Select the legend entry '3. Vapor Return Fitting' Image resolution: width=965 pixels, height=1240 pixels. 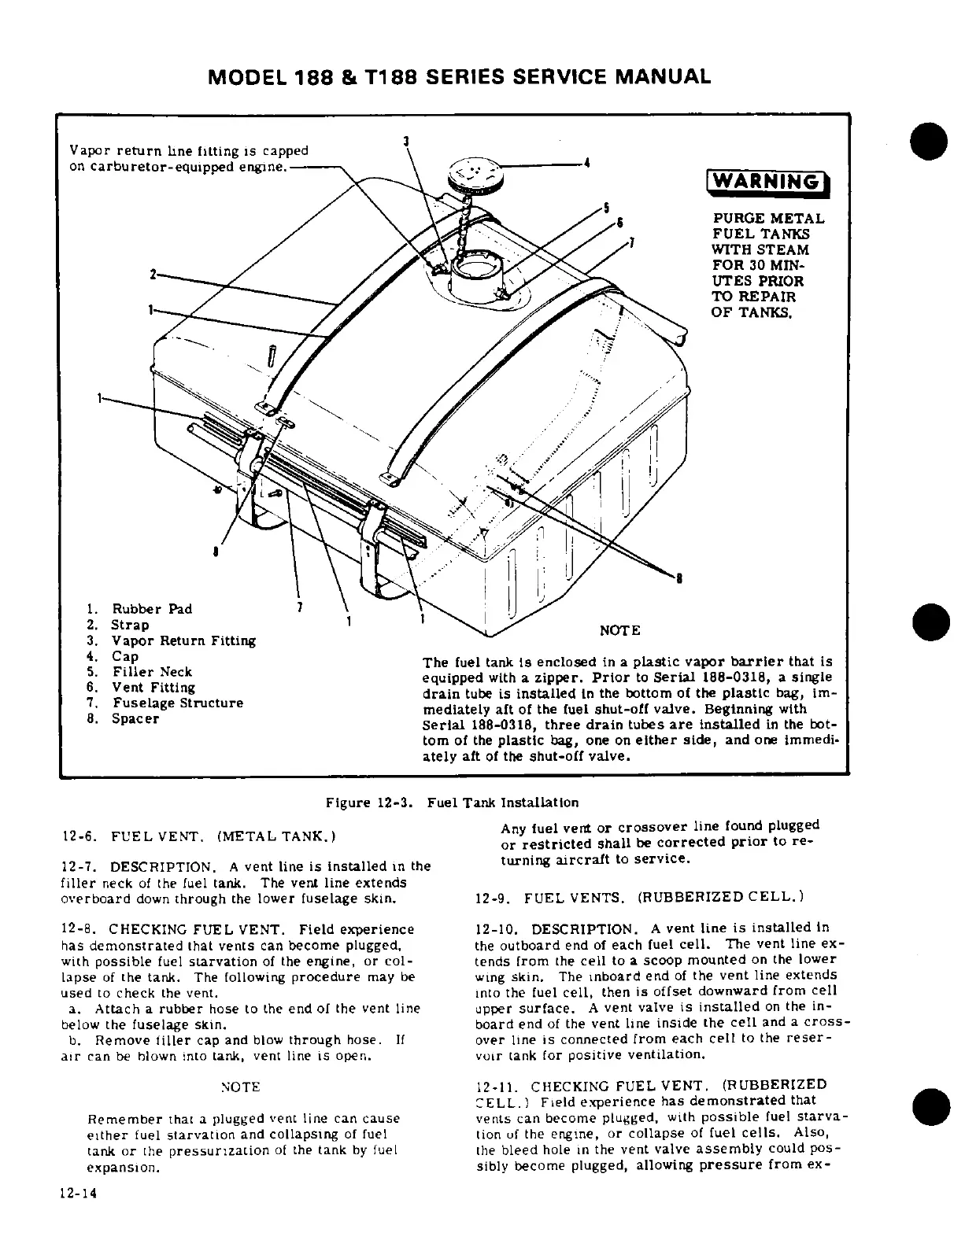pyautogui.click(x=172, y=640)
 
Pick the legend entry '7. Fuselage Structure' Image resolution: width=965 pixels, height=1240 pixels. pyautogui.click(x=165, y=703)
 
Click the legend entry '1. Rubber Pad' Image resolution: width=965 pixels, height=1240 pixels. pyautogui.click(x=139, y=609)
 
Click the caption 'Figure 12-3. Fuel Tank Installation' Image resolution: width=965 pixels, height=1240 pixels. pyautogui.click(x=453, y=803)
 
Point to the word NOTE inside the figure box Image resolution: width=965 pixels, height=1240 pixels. pyautogui.click(x=620, y=630)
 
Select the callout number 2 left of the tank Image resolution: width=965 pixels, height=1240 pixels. pyautogui.click(x=150, y=274)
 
